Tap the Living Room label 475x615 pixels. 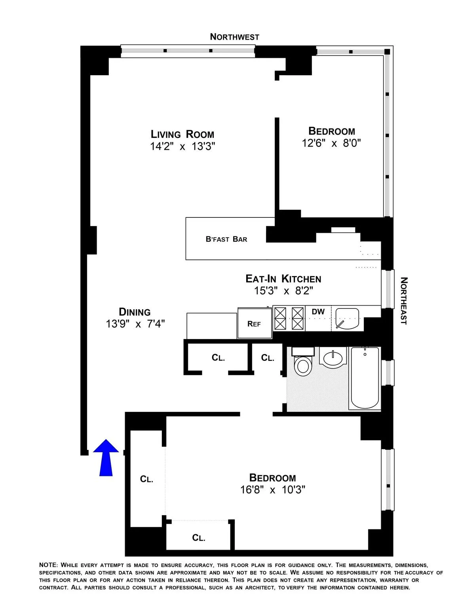[182, 134]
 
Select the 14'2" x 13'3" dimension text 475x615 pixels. [182, 147]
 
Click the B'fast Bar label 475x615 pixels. [226, 239]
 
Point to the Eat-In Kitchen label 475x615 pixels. [283, 279]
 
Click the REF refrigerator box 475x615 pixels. [255, 324]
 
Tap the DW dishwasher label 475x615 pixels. [318, 312]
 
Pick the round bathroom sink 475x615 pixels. [333, 358]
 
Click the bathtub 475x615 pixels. [365, 378]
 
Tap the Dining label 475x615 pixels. [135, 312]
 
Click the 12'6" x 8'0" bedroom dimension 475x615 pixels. [331, 143]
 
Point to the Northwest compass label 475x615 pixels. [234, 37]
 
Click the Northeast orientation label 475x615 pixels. [403, 301]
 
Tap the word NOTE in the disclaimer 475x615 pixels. [48, 565]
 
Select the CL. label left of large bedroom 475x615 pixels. [146, 479]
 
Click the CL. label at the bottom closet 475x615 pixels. [198, 538]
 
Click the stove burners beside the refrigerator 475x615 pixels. [289, 318]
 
